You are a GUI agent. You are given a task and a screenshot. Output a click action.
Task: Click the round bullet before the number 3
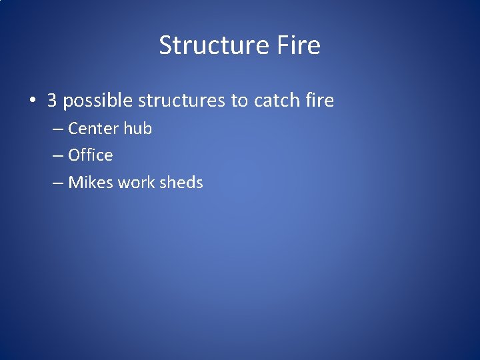32,101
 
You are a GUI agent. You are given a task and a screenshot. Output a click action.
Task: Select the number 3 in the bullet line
52,101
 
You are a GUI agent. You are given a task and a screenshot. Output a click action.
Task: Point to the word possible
97,101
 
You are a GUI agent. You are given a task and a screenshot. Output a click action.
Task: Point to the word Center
93,128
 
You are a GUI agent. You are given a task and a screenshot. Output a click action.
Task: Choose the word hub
137,128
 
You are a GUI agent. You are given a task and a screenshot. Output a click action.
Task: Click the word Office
91,155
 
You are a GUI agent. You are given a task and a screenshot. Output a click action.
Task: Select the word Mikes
91,183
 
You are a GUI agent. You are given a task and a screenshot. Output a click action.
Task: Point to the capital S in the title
165,45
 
